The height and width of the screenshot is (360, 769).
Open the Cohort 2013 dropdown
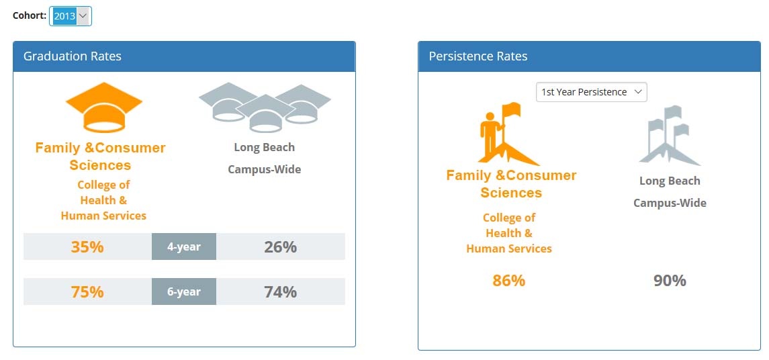70,16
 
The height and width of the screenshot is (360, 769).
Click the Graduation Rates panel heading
72,56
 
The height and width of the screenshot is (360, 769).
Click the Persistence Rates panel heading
478,56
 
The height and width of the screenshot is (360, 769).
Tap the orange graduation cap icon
104,107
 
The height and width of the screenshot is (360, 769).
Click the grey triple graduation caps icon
265,107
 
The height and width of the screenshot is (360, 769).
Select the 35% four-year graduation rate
87,246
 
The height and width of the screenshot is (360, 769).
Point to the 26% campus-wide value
281,246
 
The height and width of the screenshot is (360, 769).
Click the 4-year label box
184,246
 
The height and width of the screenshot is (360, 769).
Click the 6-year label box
184,291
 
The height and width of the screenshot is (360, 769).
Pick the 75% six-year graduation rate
87,291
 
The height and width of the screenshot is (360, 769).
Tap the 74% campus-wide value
281,291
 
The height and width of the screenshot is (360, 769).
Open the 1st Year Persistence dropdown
592,92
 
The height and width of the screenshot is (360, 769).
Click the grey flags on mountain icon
670,136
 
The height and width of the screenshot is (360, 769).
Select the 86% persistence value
508,281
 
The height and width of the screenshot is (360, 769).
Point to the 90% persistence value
670,281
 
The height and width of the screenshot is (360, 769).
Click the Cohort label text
30,15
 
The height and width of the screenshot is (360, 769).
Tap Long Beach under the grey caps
265,147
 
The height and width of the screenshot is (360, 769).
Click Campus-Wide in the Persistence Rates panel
670,203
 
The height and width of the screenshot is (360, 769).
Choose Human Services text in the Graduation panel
103,216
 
